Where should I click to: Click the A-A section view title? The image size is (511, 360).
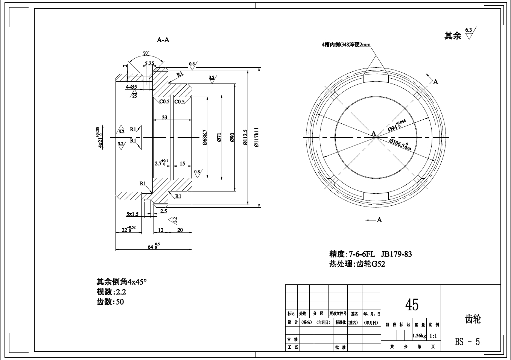(x=163, y=39)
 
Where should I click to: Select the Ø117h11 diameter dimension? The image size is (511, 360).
(x=257, y=138)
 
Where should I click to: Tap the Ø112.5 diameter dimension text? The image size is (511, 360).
(x=245, y=138)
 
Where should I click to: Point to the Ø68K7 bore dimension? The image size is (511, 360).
(x=205, y=138)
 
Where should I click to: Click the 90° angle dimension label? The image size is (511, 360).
(x=146, y=53)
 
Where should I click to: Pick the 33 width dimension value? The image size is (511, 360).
(x=164, y=117)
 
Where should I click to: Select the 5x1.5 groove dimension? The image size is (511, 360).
(x=132, y=214)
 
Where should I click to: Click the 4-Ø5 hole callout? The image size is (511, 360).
(x=131, y=87)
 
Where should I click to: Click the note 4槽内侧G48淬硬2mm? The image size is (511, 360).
(x=346, y=44)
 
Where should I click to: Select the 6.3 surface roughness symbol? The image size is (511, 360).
(x=470, y=33)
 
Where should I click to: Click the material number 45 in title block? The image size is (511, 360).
(x=412, y=304)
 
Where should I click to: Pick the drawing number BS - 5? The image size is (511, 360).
(x=467, y=342)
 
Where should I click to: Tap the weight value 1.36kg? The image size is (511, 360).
(x=419, y=336)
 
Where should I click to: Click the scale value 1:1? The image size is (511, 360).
(x=433, y=336)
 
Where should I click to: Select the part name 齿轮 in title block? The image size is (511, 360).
(x=473, y=319)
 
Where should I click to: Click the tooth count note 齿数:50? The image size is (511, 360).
(x=110, y=302)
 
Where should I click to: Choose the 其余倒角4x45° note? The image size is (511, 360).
(x=122, y=282)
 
